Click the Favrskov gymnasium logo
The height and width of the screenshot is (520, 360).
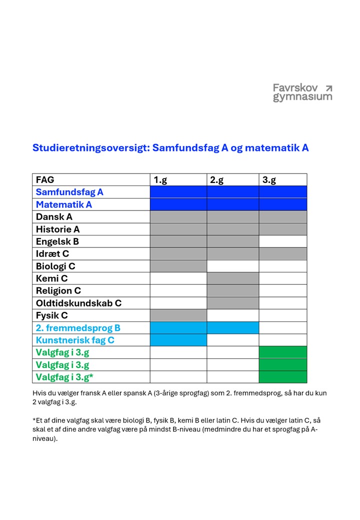(302, 92)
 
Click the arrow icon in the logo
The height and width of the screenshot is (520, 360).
(328, 88)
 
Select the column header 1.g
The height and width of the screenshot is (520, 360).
(160, 180)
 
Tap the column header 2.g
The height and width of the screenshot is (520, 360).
(216, 180)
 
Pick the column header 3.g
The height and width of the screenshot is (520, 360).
(269, 180)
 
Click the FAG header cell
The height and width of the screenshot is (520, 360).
(45, 180)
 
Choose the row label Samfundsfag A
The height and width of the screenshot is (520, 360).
(69, 192)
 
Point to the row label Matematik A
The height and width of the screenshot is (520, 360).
(64, 204)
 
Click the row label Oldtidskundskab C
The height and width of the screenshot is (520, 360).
(78, 303)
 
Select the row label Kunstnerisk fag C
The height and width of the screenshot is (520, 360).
(75, 340)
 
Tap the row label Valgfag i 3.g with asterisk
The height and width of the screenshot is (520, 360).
(64, 377)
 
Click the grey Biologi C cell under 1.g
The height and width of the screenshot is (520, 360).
(178, 266)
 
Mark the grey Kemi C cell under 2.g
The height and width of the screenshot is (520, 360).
(232, 278)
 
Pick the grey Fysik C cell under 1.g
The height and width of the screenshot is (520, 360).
(178, 315)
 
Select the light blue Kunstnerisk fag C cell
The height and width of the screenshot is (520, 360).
(178, 340)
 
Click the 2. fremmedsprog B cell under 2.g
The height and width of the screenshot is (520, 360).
(232, 328)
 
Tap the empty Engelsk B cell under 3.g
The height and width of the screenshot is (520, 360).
(282, 241)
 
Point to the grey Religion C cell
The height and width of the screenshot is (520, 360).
(232, 290)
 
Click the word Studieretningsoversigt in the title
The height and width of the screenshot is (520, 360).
(89, 148)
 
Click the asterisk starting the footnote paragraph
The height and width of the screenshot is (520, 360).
(34, 419)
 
